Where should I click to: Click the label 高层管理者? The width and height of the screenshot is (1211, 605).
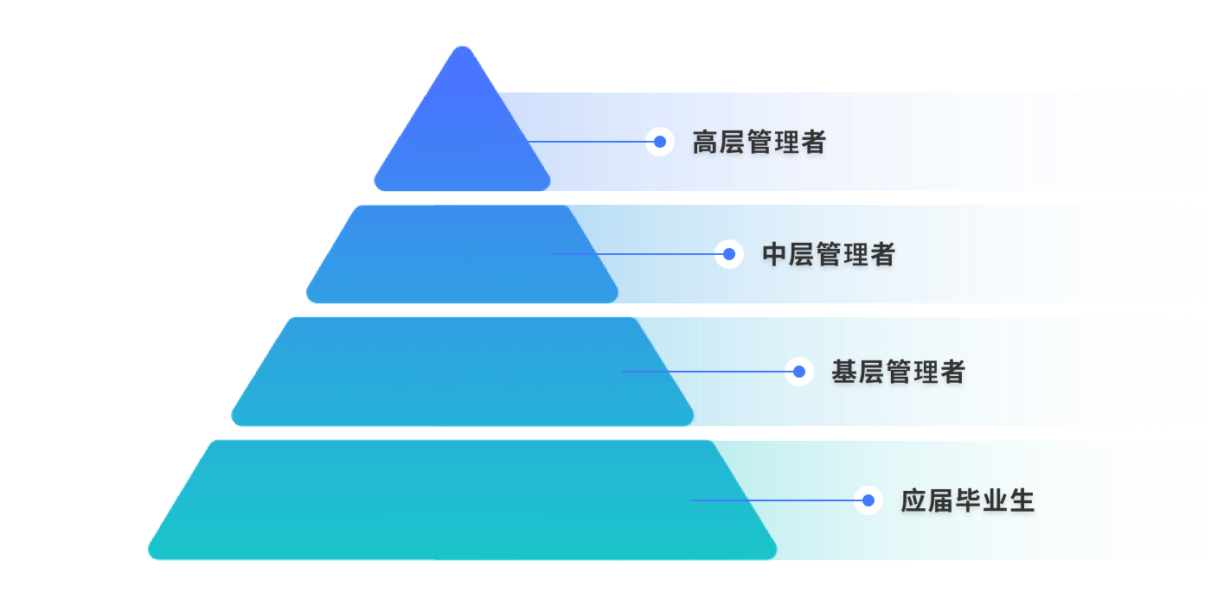[759, 143]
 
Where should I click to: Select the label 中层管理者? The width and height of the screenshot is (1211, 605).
[828, 255]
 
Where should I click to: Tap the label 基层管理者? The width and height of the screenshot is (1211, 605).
[897, 373]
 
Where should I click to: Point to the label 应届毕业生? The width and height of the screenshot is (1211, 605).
[967, 501]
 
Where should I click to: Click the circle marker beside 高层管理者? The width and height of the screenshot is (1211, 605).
[660, 142]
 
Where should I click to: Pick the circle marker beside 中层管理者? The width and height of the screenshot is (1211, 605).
[729, 254]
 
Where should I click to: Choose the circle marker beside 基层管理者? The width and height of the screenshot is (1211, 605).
[799, 372]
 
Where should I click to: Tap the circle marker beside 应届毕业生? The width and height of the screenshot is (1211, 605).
[868, 500]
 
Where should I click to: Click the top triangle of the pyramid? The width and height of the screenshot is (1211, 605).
[462, 130]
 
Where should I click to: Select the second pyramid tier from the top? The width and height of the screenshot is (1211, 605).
[462, 255]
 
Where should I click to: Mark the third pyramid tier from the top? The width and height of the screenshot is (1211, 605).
[462, 372]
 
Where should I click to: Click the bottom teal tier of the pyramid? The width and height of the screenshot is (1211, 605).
[462, 501]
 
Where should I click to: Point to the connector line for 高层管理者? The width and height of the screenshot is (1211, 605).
[588, 142]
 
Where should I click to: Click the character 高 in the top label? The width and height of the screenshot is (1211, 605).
[706, 143]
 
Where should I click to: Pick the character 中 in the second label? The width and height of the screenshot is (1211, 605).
[775, 255]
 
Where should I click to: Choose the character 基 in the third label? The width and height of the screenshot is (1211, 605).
[844, 373]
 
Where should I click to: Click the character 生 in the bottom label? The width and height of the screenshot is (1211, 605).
[1022, 501]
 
